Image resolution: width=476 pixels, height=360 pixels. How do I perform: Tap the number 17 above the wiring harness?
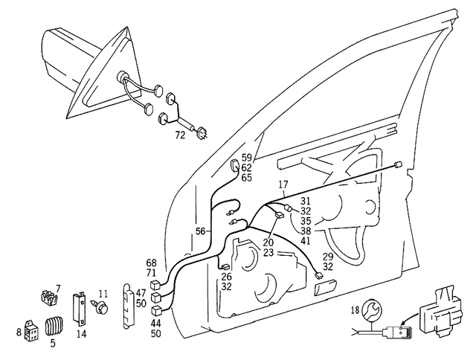coord(283,184)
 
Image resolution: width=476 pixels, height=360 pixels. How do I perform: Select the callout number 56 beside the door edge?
coord(201,231)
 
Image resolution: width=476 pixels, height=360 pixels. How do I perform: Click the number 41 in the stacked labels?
coord(306,242)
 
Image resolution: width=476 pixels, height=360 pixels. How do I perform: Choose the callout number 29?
coord(328,256)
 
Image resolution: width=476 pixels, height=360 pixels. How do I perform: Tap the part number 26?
coord(226,277)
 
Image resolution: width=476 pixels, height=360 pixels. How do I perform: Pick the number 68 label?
coord(152,263)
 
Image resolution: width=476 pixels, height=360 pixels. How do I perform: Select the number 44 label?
coord(155,324)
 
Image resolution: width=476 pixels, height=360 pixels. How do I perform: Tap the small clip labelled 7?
coord(48,300)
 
